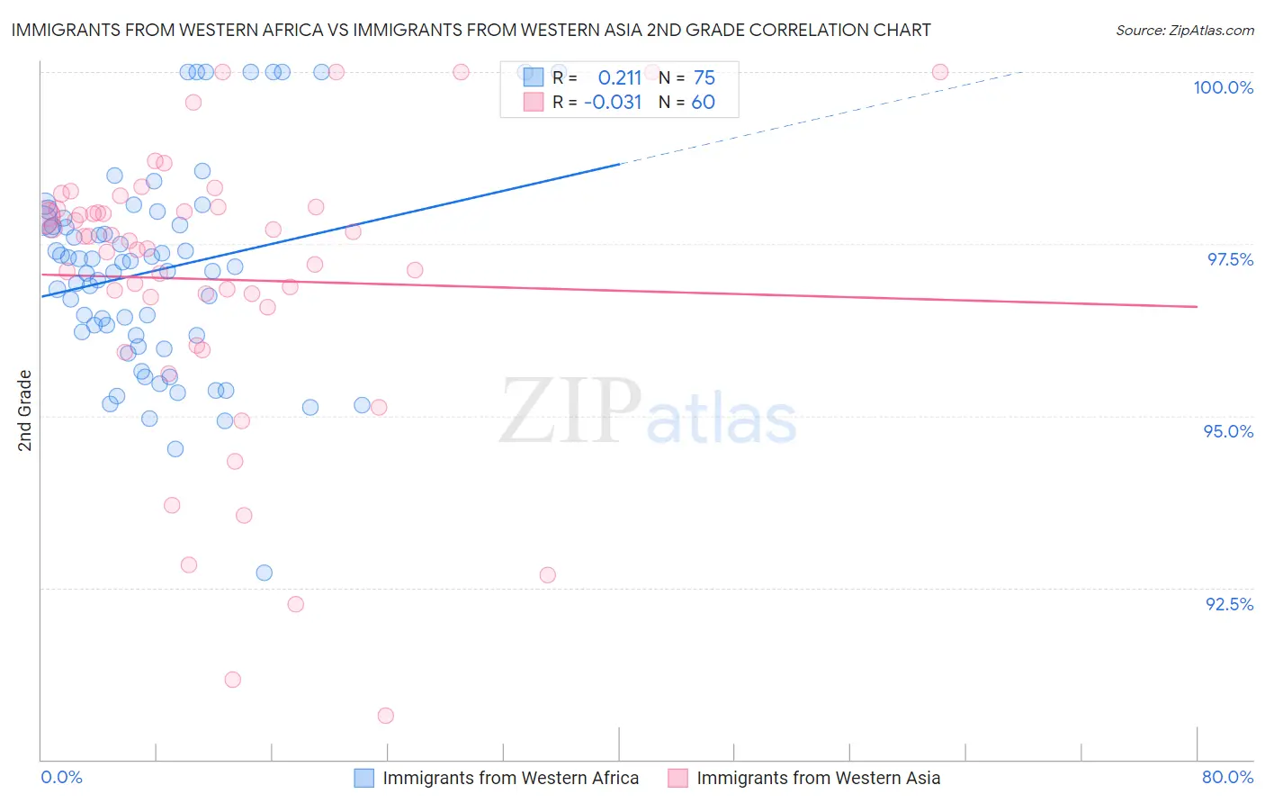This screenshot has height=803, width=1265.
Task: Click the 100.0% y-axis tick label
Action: point(1223,87)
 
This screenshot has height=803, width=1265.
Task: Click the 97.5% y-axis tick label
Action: point(1229,259)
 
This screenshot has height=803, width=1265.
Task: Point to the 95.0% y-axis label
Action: point(1228,431)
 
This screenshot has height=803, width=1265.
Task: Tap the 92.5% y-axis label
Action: point(1229,604)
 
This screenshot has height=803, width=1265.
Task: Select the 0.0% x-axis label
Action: point(61,777)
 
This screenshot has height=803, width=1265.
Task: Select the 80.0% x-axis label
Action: point(1227,777)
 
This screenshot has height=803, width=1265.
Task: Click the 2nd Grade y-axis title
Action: point(25,411)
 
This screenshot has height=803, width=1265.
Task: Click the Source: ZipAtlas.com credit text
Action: point(1184,31)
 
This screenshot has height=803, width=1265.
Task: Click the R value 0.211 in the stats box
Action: point(620,78)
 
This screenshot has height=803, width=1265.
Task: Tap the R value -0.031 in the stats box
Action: point(613,103)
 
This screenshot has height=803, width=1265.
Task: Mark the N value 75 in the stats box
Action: point(704,78)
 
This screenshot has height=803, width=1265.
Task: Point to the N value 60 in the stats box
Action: point(704,103)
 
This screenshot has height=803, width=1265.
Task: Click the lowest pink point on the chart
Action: point(386,716)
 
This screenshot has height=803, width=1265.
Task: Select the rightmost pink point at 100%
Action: point(940,72)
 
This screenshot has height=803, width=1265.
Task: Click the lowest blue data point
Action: point(264,573)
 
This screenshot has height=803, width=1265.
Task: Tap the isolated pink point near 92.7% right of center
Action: point(548,574)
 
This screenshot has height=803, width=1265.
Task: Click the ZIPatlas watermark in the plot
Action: point(648,412)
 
